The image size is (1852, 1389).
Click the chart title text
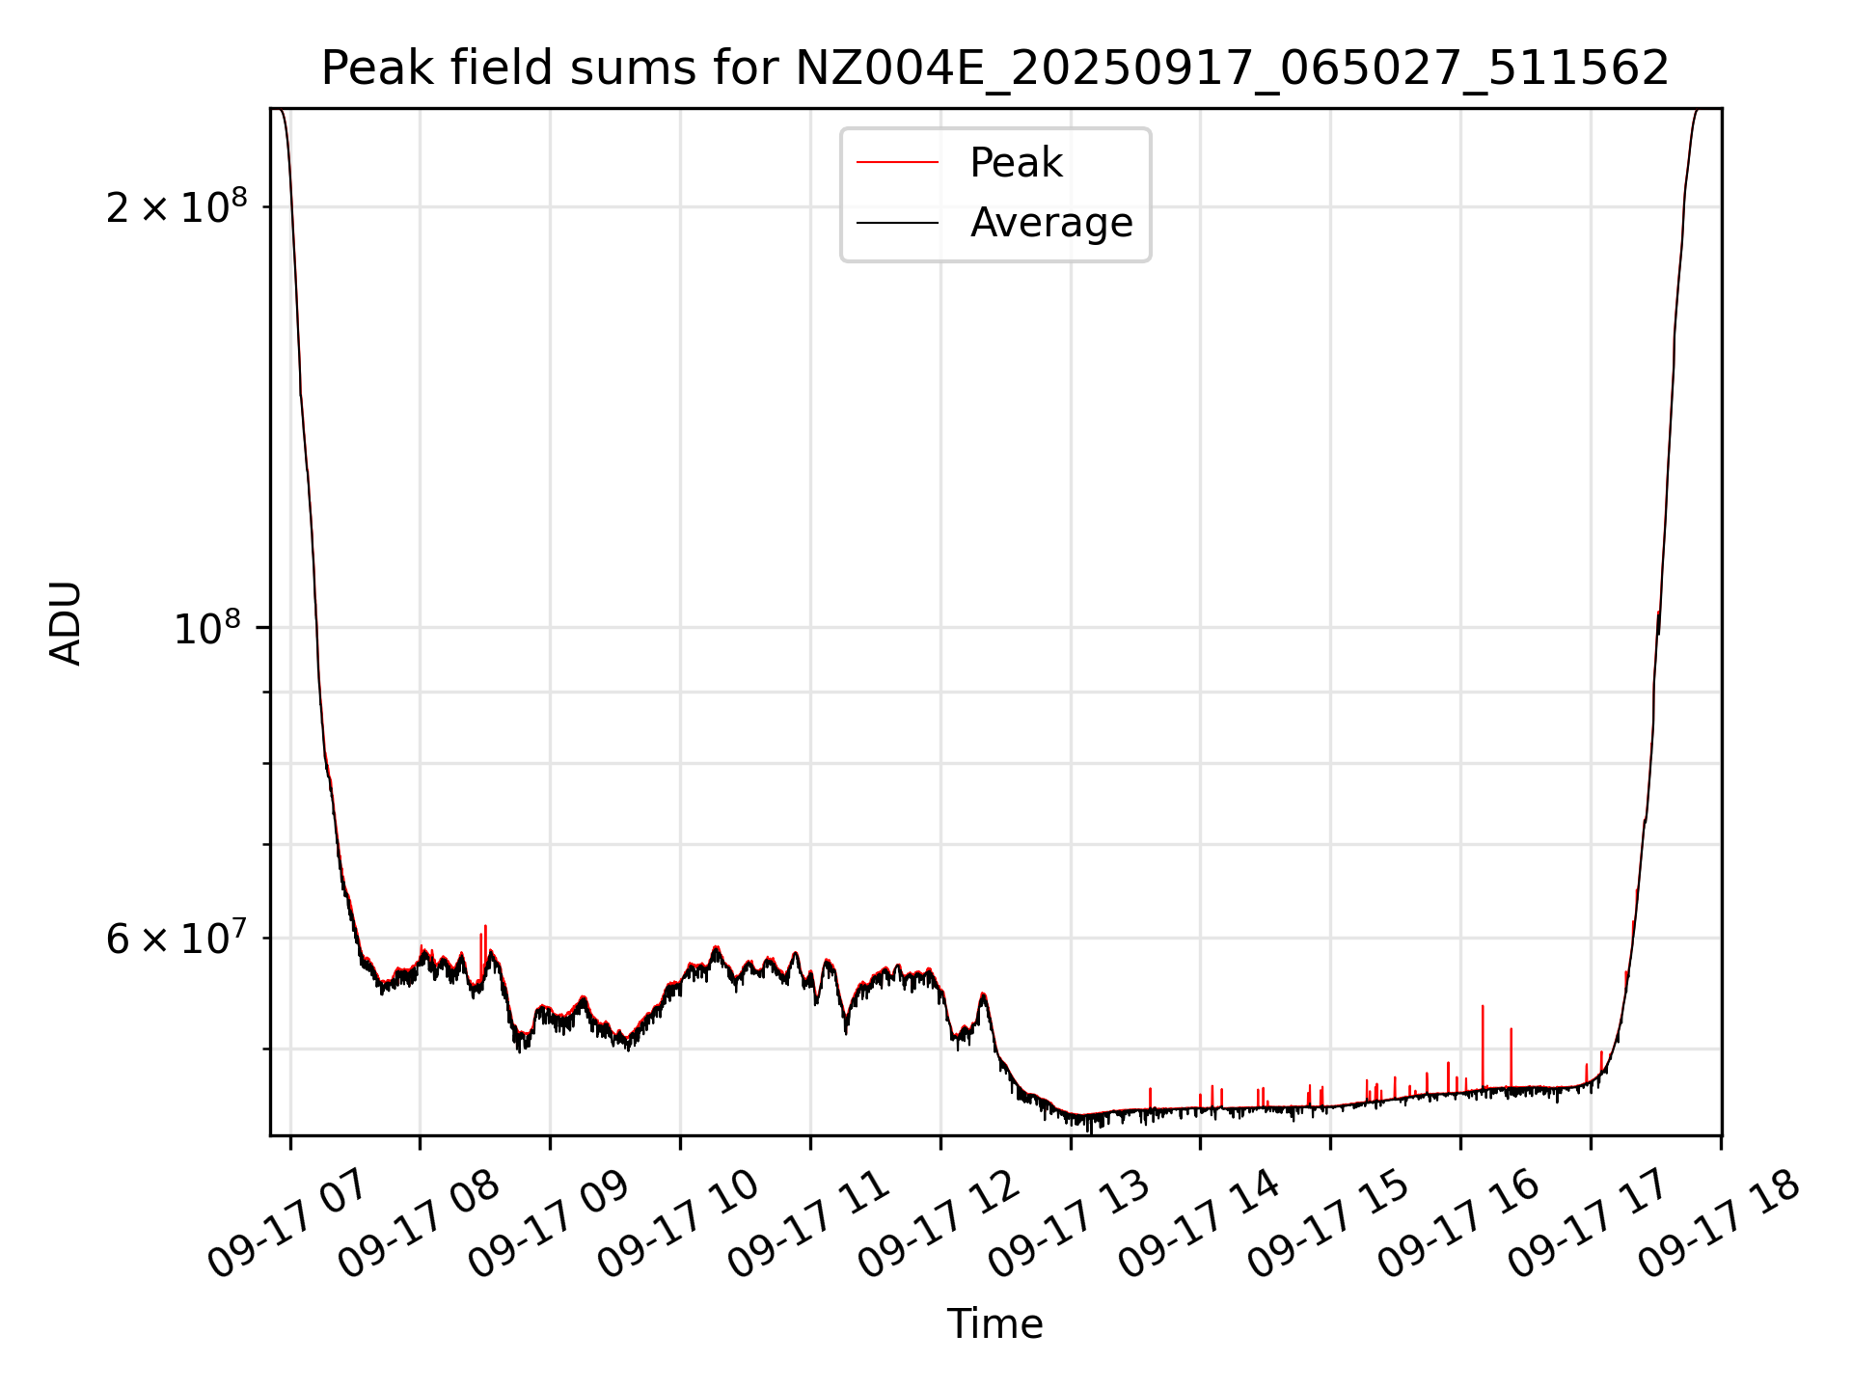pos(994,68)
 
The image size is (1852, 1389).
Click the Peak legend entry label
pos(1016,163)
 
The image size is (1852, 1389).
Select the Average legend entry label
pos(1050,223)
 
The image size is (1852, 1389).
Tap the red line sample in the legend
pos(897,163)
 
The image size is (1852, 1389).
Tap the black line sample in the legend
pos(897,223)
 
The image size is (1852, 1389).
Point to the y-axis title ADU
pos(66,622)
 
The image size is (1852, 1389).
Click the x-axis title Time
pos(994,1324)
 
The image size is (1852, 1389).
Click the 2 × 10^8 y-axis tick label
pos(177,206)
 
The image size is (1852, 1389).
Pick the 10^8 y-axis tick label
pos(206,628)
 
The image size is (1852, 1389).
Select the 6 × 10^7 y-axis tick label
pos(177,938)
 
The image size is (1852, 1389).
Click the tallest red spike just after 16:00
pos(1483,1007)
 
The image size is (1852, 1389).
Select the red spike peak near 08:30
pos(485,927)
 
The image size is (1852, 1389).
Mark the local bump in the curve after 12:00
pos(983,994)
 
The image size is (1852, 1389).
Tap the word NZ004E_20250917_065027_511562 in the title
pos(1232,68)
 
